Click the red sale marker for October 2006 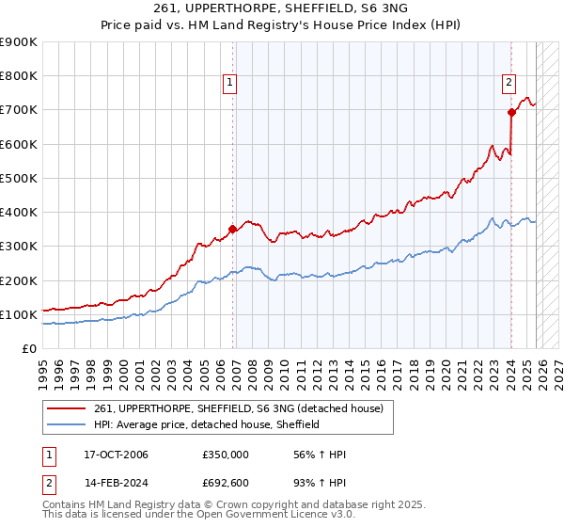coord(232,228)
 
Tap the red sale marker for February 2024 coord(511,112)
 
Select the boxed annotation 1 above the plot coord(230,83)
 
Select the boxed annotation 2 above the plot coord(509,83)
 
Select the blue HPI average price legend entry coord(207,424)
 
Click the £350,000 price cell coord(226,455)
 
